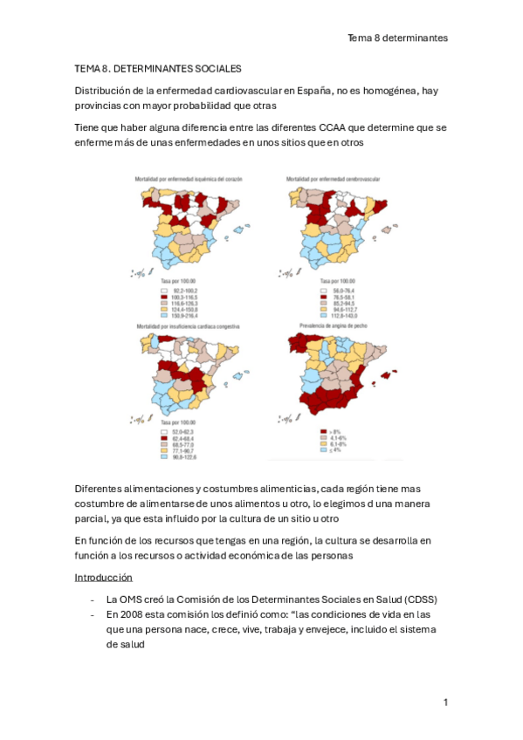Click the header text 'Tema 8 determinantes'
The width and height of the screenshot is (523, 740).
(x=397, y=38)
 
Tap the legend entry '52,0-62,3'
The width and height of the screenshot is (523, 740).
(x=181, y=431)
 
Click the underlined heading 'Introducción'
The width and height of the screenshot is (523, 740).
(x=103, y=577)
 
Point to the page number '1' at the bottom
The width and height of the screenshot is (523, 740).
(x=445, y=702)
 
